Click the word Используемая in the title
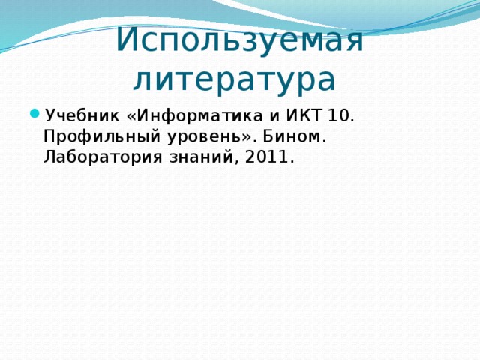coord(240,40)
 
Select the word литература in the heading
coord(234,77)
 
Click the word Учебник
coord(82,116)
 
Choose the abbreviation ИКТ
coord(300,116)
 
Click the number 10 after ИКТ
coord(337,116)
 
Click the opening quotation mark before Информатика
coord(133,116)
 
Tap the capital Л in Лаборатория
coord(50,158)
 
